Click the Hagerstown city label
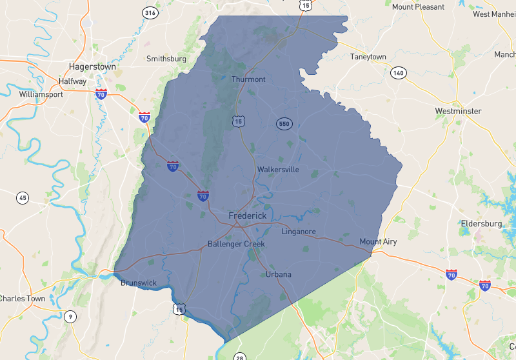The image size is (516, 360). (92, 66)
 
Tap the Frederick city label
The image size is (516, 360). (247, 215)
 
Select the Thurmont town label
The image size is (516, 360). (248, 79)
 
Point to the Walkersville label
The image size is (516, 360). (278, 170)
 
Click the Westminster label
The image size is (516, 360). (458, 111)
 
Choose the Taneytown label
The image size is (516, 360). (368, 57)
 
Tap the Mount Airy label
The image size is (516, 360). (378, 242)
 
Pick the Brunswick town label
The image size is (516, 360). (138, 283)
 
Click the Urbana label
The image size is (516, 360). (279, 274)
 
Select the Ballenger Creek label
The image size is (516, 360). (236, 244)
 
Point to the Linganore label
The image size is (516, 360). (299, 231)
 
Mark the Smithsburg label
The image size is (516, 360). (166, 59)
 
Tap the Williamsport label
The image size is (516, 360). (41, 94)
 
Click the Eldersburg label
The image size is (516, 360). (481, 223)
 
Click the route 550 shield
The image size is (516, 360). (284, 123)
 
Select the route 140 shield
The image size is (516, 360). (399, 74)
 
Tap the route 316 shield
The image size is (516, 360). (150, 13)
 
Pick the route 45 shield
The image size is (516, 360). (23, 197)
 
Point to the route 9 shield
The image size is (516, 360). (70, 316)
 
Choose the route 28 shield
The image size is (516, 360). (239, 357)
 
